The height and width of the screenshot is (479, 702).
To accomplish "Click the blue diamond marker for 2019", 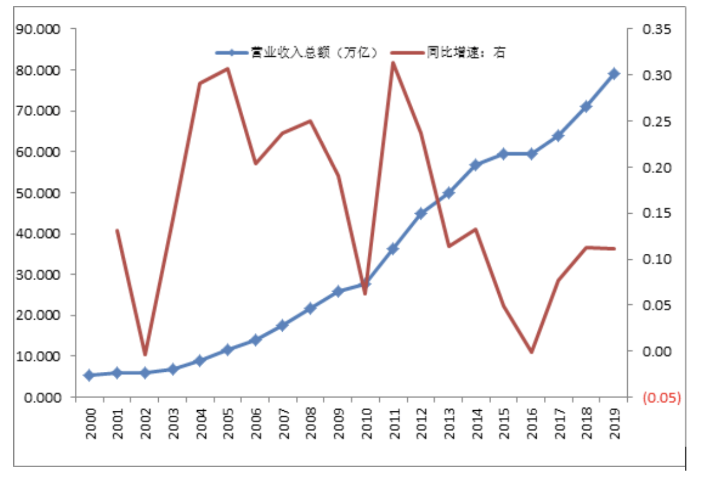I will coord(613,74).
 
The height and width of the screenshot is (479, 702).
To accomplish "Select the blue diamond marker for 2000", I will coord(89,375).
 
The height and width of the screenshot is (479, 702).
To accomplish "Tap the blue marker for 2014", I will coord(476,165).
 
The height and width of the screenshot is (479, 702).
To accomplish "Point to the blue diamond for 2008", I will coord(310,309).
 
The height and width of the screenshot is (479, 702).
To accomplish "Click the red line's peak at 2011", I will coord(393,62).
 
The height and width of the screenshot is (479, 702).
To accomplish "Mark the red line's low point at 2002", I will coord(144,354).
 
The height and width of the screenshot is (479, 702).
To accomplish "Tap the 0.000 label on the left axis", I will coord(42,397).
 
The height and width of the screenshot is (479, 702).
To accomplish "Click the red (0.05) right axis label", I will coord(661,397).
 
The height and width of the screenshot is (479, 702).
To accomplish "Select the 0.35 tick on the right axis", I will coord(659,29).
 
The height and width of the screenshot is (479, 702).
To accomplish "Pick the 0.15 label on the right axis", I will coord(659,214).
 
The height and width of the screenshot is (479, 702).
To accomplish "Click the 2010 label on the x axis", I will coord(365,423).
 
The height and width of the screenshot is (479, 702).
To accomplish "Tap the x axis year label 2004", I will coord(200,423).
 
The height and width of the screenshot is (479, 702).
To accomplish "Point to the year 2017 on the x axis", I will coord(558,423).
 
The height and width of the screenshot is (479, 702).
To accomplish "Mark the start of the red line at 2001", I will coord(117,230).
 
